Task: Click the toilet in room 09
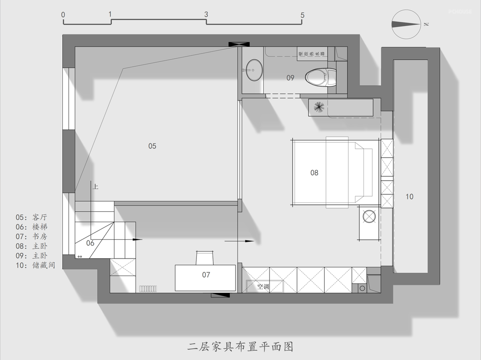[x=320, y=77]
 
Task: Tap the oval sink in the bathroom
[x=254, y=70]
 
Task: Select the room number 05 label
[x=152, y=146]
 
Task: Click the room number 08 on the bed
[x=314, y=173]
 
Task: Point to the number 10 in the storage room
[x=409, y=196]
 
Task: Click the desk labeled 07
[x=205, y=278]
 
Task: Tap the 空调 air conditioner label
[x=264, y=287]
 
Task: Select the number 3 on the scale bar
[x=206, y=15]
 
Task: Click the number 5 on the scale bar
[x=302, y=15]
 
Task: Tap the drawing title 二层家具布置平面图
[x=240, y=346]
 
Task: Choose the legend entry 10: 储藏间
[x=35, y=265]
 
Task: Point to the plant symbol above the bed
[x=318, y=107]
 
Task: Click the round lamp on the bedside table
[x=369, y=217]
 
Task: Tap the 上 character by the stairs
[x=95, y=187]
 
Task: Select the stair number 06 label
[x=90, y=243]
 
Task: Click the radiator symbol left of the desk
[x=148, y=289]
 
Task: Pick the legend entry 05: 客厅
[x=31, y=218]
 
